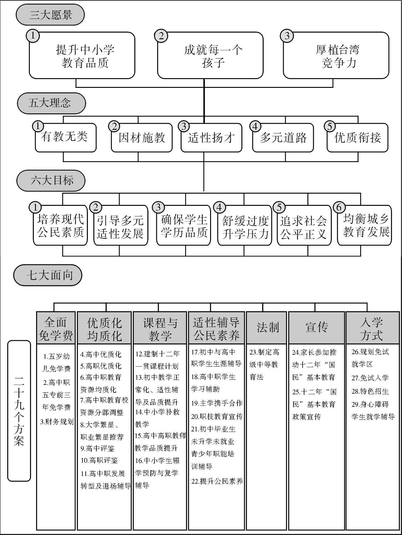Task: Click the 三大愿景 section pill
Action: pyautogui.click(x=50, y=15)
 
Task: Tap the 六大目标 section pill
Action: pyautogui.click(x=50, y=180)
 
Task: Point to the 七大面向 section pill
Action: pyautogui.click(x=48, y=275)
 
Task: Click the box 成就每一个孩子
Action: pyautogui.click(x=210, y=56)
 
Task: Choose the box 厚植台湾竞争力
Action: pyautogui.click(x=336, y=56)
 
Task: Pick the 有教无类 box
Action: pyautogui.click(x=65, y=138)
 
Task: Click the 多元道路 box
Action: pyautogui.click(x=283, y=138)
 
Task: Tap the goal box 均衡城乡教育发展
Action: pyautogui.click(x=365, y=226)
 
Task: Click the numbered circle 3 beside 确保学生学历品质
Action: pyautogui.click(x=158, y=207)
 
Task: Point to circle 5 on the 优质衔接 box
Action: pyautogui.click(x=330, y=126)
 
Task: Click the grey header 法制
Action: pyautogui.click(x=266, y=328)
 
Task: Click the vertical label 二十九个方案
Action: pyautogui.click(x=19, y=411)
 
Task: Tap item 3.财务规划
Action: pyautogui.click(x=57, y=422)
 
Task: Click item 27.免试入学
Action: pyautogui.click(x=370, y=378)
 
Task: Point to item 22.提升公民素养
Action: pyautogui.click(x=217, y=481)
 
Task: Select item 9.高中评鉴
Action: pyautogui.click(x=97, y=448)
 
